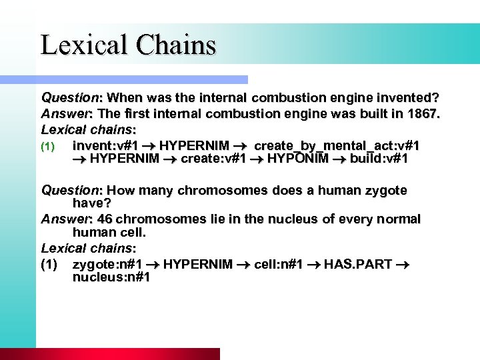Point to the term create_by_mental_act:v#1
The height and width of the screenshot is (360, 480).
click(337, 145)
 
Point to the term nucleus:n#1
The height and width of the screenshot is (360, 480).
click(111, 277)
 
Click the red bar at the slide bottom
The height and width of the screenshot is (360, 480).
click(127, 353)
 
